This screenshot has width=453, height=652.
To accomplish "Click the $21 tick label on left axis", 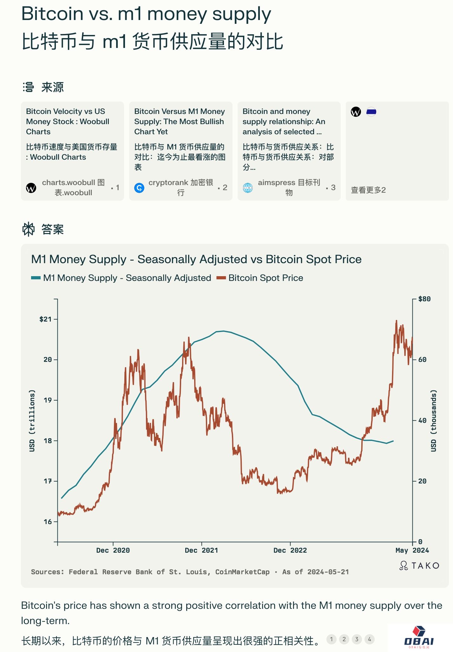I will pos(45,319).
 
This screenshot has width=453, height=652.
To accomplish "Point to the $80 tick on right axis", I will pos(424,299).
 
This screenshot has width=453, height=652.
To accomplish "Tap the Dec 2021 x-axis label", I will pos(201,550).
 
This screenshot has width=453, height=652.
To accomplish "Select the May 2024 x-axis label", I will pos(412,550).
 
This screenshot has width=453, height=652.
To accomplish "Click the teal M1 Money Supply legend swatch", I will pos(36,278).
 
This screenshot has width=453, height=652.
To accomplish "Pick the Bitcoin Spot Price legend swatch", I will pos(221,278).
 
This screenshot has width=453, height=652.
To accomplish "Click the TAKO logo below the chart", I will pos(419,566).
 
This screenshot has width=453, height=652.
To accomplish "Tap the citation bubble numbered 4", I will pos(370,639).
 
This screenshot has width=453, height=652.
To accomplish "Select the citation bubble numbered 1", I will pos(332,639).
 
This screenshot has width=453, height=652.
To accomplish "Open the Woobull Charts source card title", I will pos(68,122).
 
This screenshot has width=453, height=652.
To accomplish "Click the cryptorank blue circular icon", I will pos(139,188).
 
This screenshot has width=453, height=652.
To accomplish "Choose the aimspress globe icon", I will pos(248,188).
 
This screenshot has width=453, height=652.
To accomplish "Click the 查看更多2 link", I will pos(368,190).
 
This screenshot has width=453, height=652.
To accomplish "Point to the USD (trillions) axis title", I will pos(32,421).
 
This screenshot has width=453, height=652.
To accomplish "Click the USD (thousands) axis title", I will pos(434,421).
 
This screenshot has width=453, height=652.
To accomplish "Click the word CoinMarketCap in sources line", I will pos(242,572).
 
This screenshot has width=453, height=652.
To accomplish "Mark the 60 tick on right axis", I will pos(422,360).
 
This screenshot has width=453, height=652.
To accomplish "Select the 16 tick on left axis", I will pos(48,522).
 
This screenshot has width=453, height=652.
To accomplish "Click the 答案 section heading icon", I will pos(28,229).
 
